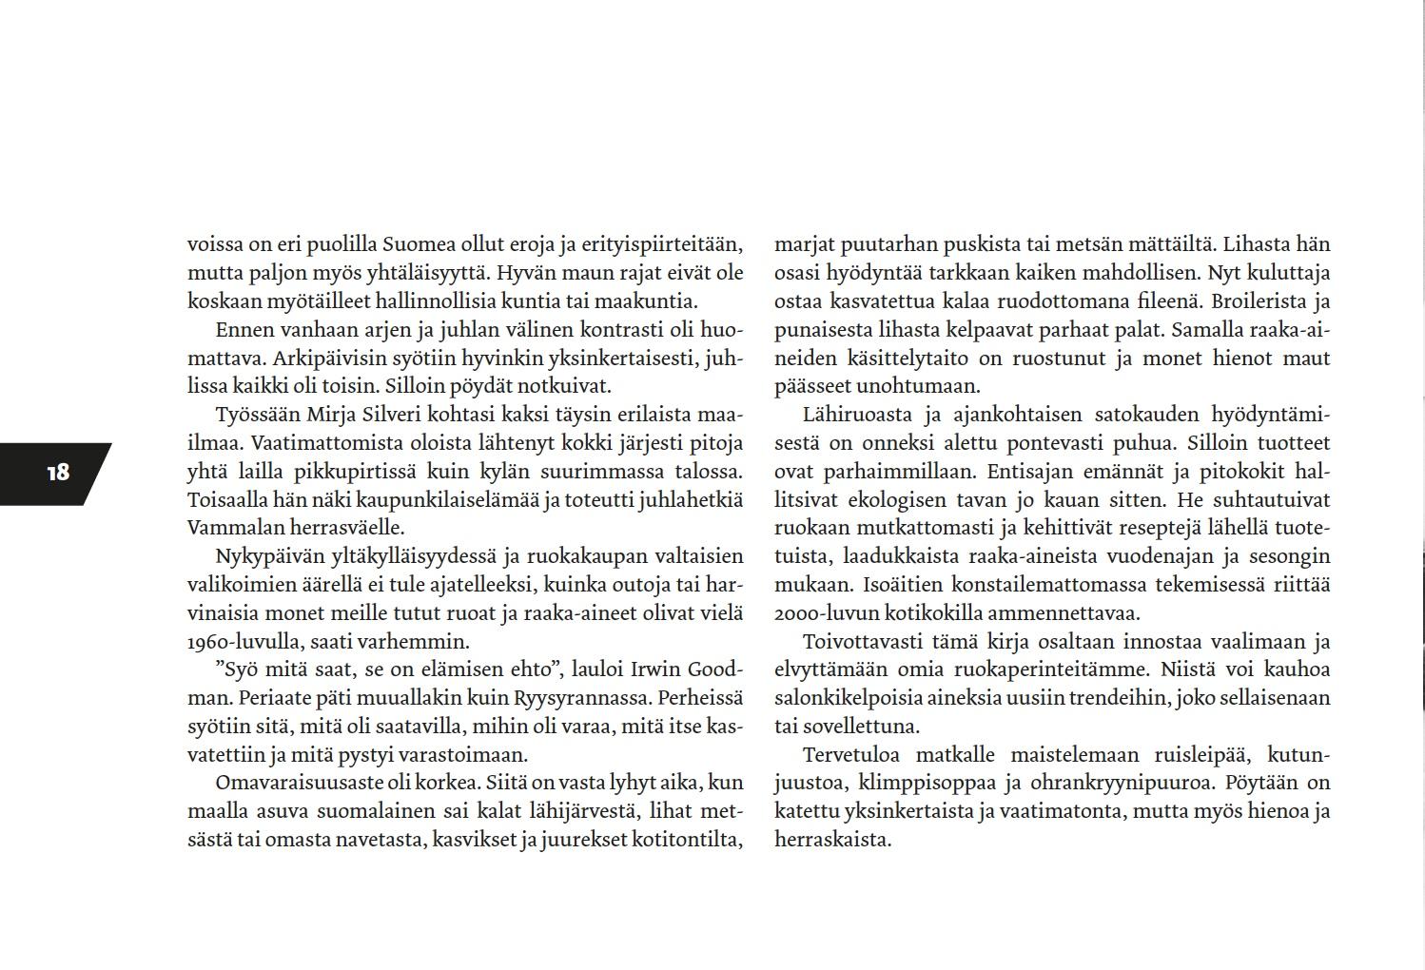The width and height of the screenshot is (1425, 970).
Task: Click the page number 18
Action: pyautogui.click(x=57, y=473)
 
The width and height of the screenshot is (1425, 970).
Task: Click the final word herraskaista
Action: pyautogui.click(x=831, y=840)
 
